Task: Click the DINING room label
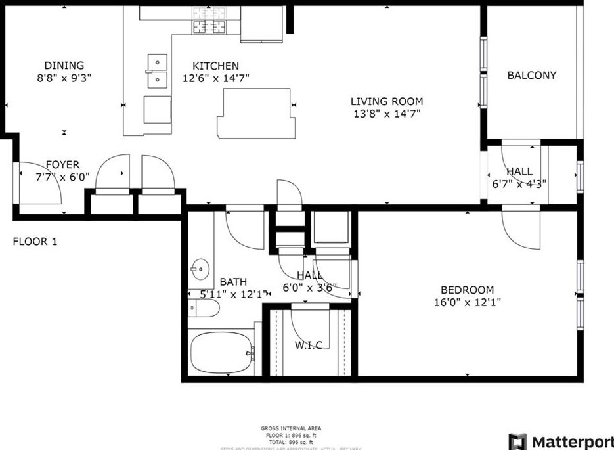64,65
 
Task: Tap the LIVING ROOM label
386,101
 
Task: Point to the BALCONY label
531,75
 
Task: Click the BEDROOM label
467,290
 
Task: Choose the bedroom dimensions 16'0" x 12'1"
467,303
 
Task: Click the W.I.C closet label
308,346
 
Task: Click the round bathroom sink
200,269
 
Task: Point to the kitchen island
254,112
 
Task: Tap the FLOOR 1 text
35,242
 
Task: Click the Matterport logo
561,441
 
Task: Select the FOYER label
62,164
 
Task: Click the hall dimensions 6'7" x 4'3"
519,184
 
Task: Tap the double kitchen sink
156,71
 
